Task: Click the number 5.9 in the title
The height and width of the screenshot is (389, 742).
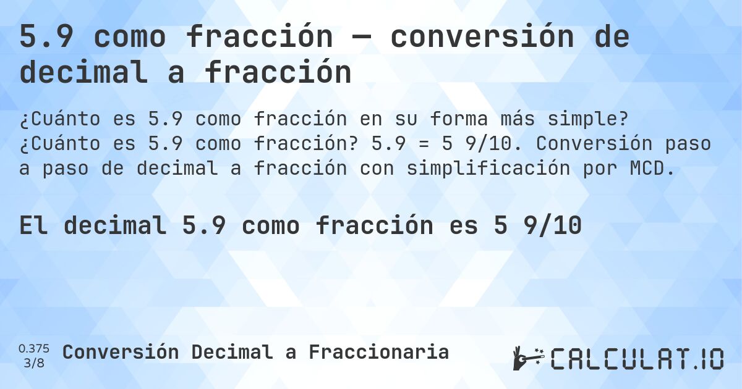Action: (x=47, y=38)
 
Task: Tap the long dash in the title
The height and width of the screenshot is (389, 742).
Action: (x=362, y=38)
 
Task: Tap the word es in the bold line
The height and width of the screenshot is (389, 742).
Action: (x=463, y=226)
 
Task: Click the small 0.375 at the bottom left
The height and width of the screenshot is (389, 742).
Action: (x=34, y=348)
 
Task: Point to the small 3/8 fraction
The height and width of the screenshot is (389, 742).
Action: (x=34, y=362)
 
